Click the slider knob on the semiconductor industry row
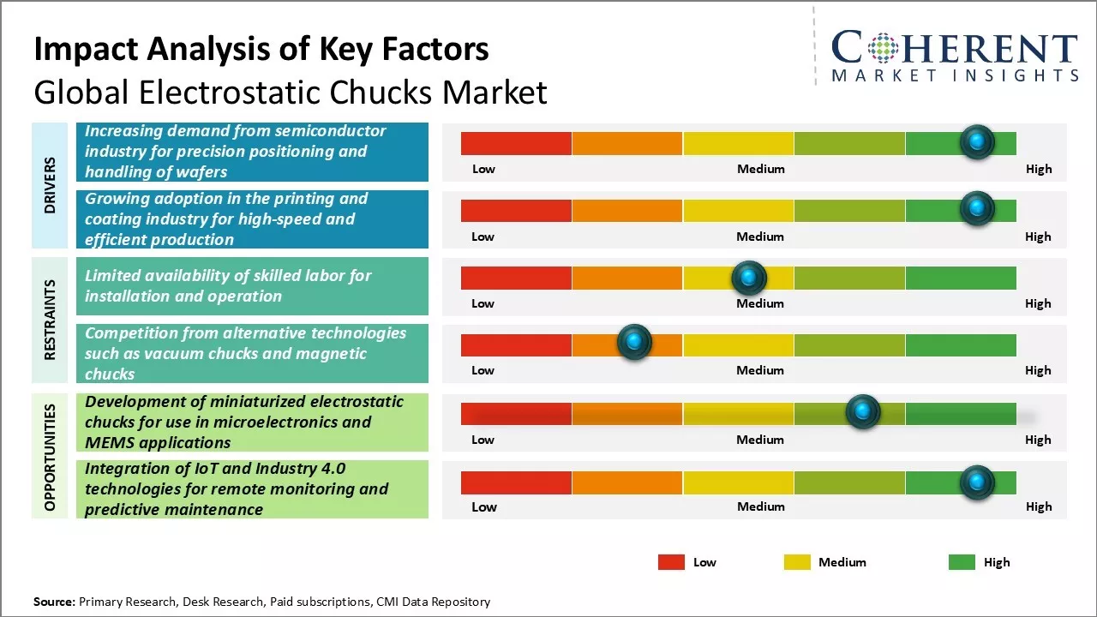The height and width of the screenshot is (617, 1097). [x=976, y=142]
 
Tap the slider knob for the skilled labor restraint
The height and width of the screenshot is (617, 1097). [x=749, y=278]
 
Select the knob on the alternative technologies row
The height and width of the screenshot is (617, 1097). [x=634, y=343]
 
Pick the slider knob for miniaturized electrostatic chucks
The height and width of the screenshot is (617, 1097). [x=862, y=412]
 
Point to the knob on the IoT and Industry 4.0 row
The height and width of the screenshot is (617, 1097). [x=976, y=482]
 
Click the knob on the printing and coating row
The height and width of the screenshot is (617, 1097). [x=976, y=209]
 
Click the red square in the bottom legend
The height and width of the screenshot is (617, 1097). [x=671, y=562]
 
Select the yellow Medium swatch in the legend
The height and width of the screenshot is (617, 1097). [x=797, y=562]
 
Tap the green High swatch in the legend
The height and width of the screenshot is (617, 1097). [x=962, y=562]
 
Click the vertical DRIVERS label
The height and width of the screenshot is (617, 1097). [x=50, y=185]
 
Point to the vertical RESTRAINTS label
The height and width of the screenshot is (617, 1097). [x=50, y=320]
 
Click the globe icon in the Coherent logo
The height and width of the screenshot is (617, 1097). [x=881, y=49]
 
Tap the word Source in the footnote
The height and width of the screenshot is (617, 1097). [x=54, y=602]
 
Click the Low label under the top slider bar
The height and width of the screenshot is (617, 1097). [x=483, y=169]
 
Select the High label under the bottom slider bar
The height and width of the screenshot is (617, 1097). [x=1038, y=506]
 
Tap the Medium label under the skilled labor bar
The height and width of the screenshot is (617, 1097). [x=760, y=303]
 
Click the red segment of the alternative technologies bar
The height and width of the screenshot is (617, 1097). [x=516, y=345]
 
